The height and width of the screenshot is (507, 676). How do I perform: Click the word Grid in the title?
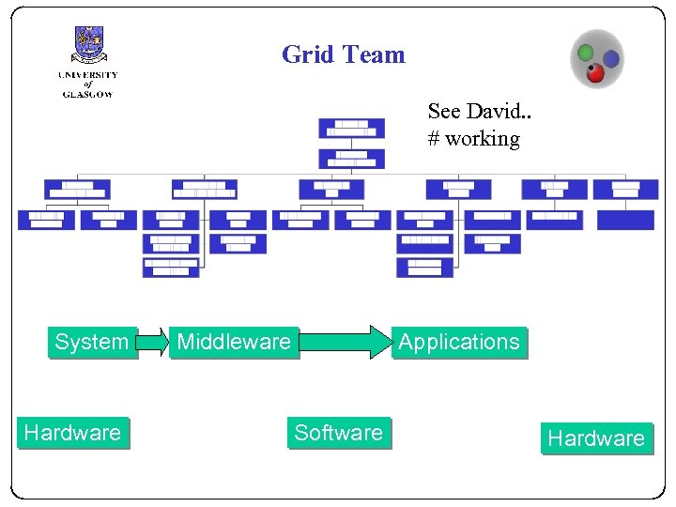308,54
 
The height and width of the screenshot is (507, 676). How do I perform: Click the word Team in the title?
374,54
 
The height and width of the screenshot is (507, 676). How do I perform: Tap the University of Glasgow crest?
88,45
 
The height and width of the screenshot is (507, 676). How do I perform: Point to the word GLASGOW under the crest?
87,94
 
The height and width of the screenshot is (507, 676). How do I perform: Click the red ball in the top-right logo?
595,73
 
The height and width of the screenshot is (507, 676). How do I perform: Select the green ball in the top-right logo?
585,52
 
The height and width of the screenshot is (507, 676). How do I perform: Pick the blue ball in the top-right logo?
610,59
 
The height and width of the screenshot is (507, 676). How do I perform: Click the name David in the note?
492,111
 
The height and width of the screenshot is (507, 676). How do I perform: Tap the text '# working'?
473,138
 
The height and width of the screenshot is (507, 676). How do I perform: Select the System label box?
91,342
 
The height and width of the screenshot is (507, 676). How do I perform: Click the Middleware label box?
234,342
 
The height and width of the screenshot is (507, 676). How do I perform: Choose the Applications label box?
458,342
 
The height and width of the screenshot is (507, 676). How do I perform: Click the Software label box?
338,432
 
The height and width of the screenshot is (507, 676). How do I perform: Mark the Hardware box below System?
72,432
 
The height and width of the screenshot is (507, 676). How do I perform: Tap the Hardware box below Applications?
595,438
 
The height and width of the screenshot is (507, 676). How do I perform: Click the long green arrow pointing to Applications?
344,342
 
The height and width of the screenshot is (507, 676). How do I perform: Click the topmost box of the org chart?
351,128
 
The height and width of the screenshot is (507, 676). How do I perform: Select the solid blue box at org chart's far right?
625,220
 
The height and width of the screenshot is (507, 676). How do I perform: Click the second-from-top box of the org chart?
351,159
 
